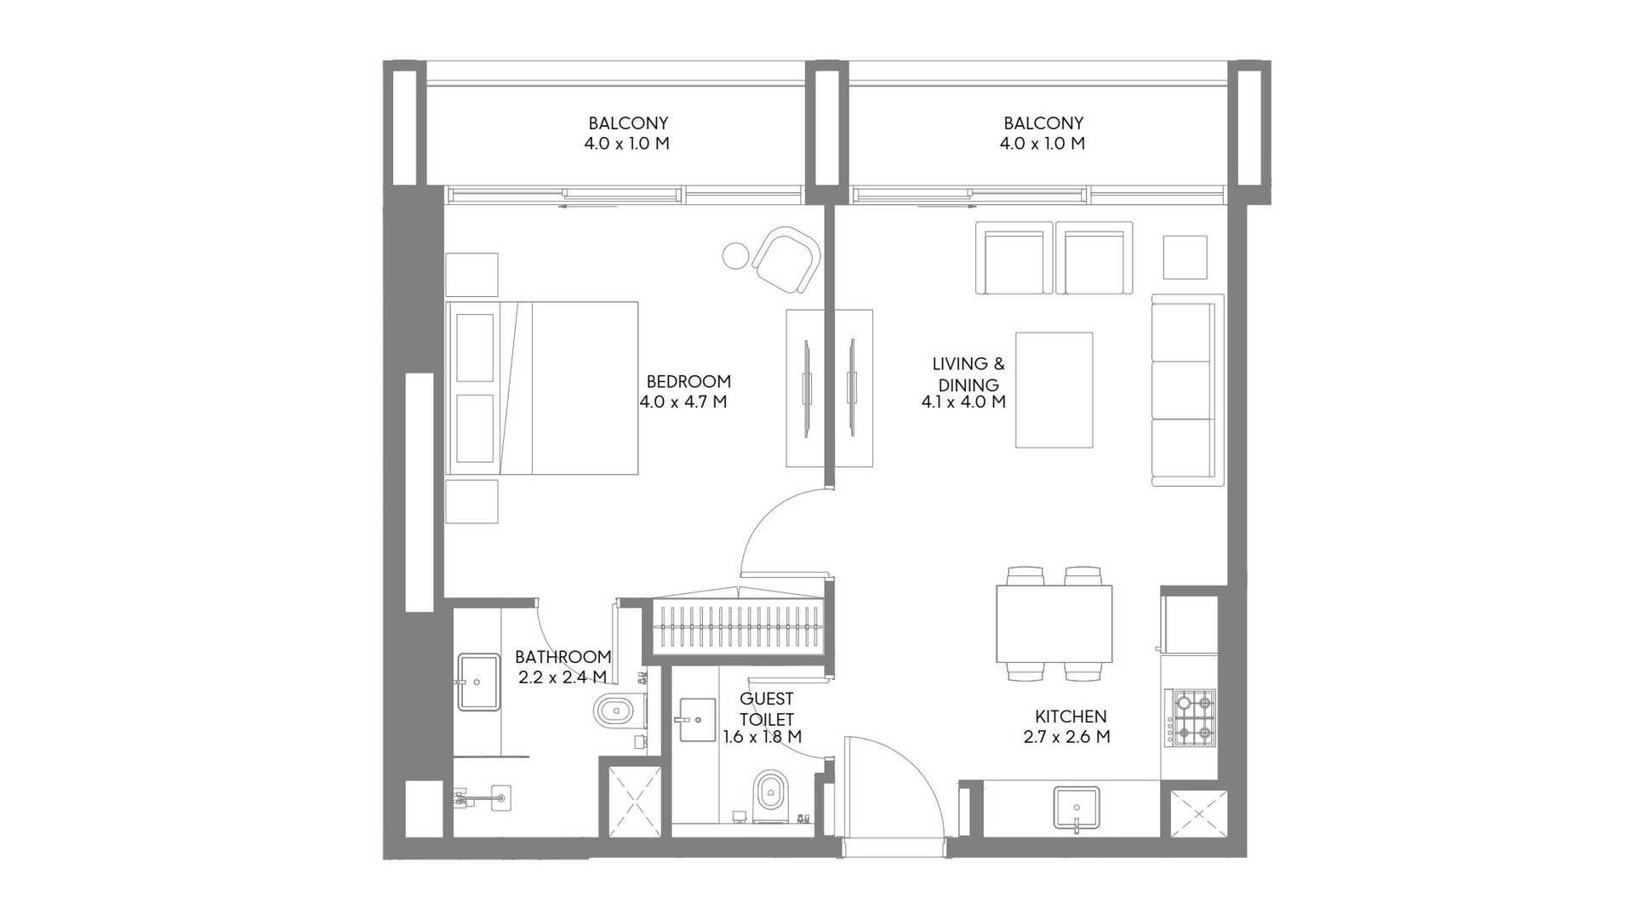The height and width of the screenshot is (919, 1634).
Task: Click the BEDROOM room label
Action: click(x=688, y=381)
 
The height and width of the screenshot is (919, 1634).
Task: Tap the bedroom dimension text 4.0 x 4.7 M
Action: click(x=683, y=402)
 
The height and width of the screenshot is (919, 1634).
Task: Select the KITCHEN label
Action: click(x=1071, y=716)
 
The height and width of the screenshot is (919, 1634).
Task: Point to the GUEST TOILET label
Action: click(x=767, y=709)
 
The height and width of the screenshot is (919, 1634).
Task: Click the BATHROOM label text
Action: click(x=563, y=657)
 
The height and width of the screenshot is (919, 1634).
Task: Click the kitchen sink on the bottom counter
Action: click(x=1077, y=808)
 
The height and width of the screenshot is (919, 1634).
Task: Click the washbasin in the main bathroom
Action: click(x=479, y=682)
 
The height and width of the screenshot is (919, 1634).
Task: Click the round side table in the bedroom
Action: click(x=736, y=254)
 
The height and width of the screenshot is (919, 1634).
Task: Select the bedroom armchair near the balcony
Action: click(x=786, y=260)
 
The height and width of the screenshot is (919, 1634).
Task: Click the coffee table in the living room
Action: click(x=1054, y=390)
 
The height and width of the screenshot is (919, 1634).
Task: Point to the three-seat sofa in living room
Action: click(x=1188, y=390)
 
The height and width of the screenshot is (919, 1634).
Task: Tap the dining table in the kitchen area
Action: click(x=1054, y=624)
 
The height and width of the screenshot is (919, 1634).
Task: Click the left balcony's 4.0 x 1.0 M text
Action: click(x=627, y=144)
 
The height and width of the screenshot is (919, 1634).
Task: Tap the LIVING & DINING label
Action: click(x=968, y=374)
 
